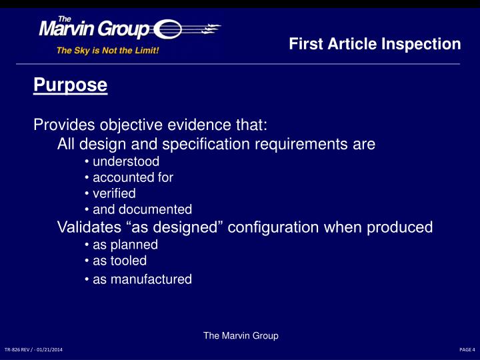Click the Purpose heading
70,86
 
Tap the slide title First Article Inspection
375,44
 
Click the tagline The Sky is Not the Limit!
107,50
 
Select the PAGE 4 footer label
467,349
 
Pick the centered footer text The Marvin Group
240,336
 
